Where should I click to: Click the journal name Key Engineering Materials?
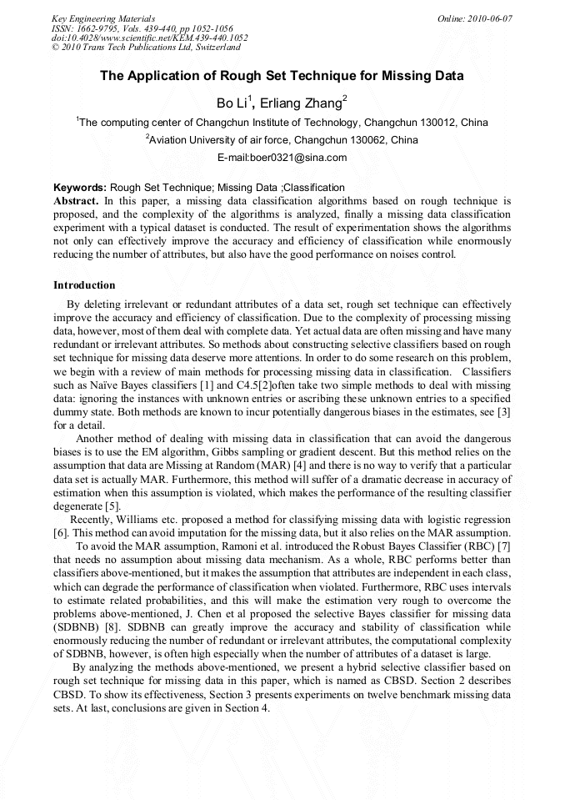(102, 18)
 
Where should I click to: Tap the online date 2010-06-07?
(487, 18)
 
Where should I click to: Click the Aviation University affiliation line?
(282, 140)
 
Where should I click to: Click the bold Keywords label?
(79, 188)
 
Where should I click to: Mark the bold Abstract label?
(76, 201)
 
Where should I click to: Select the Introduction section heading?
(84, 284)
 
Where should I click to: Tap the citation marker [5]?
(112, 506)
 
